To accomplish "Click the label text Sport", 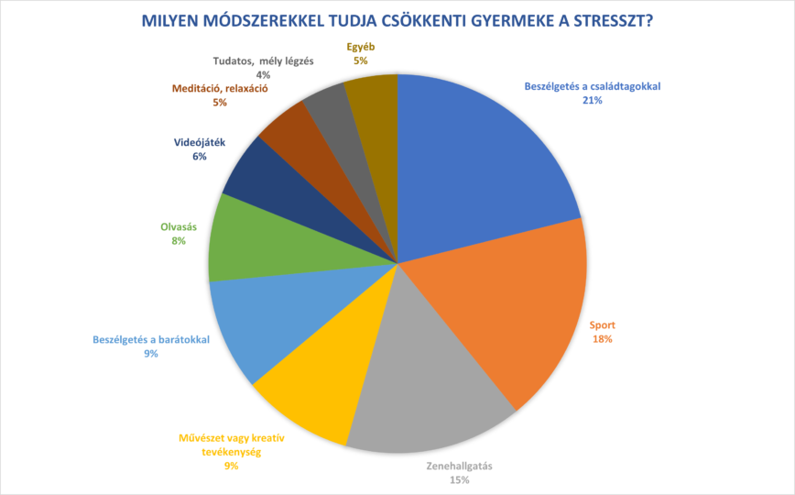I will coord(602,324).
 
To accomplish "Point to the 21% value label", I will coord(591,101).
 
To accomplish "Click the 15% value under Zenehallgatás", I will coord(459,479).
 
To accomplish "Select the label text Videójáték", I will coord(199,143).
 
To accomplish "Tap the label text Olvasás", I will coord(178,226).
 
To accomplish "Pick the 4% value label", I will coord(263,75).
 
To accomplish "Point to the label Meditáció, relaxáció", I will coord(219,89).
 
